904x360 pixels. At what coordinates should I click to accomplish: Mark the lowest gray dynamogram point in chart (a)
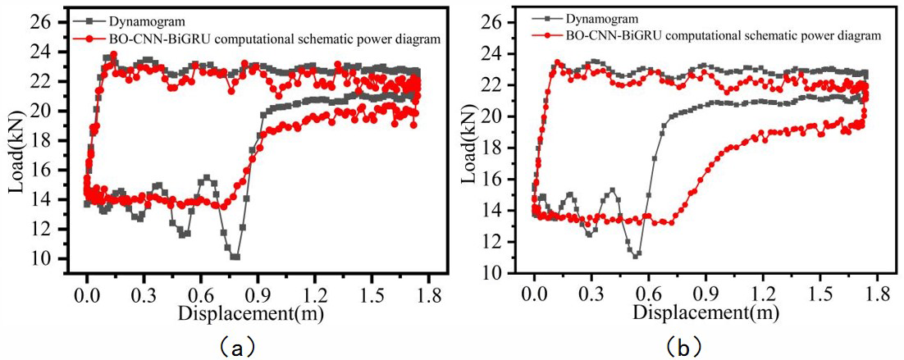pos(235,257)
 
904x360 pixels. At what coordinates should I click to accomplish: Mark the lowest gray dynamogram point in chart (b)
pos(636,256)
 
